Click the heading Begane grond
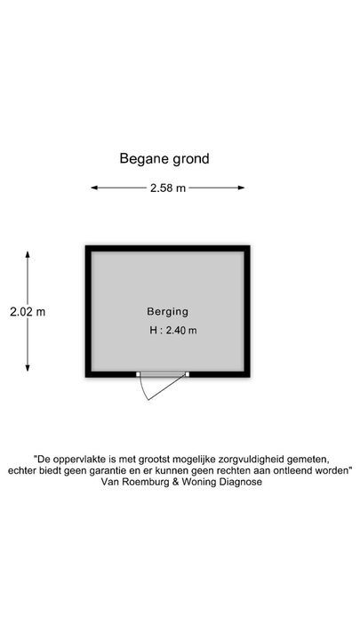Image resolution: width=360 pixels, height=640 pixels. pyautogui.click(x=164, y=159)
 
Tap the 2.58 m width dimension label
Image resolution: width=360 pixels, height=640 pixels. pyautogui.click(x=168, y=188)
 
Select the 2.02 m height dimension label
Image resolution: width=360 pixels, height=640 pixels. pyautogui.click(x=28, y=312)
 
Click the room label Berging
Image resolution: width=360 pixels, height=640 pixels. pyautogui.click(x=168, y=312)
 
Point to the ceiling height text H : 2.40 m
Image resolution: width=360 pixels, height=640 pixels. pyautogui.click(x=173, y=330)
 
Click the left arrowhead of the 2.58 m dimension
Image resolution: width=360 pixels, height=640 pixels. pyautogui.click(x=94, y=188)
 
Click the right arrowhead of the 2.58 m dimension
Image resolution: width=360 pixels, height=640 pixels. pyautogui.click(x=241, y=188)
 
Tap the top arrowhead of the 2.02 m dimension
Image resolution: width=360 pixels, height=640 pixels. pyautogui.click(x=28, y=254)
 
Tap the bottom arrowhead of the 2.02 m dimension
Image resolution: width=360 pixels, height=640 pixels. pyautogui.click(x=28, y=368)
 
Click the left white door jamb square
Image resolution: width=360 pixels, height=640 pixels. pyautogui.click(x=139, y=374)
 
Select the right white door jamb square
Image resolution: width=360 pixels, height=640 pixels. pyautogui.click(x=187, y=374)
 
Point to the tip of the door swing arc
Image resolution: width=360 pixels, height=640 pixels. pyautogui.click(x=148, y=400)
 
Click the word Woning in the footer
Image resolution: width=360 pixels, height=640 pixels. pyautogui.click(x=200, y=482)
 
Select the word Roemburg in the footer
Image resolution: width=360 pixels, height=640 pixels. pyautogui.click(x=140, y=482)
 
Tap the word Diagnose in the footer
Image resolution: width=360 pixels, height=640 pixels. pyautogui.click(x=241, y=482)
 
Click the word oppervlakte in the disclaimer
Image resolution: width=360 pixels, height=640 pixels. pyautogui.click(x=74, y=460)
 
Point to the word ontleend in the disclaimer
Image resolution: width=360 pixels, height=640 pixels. pyautogui.click(x=302, y=470)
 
